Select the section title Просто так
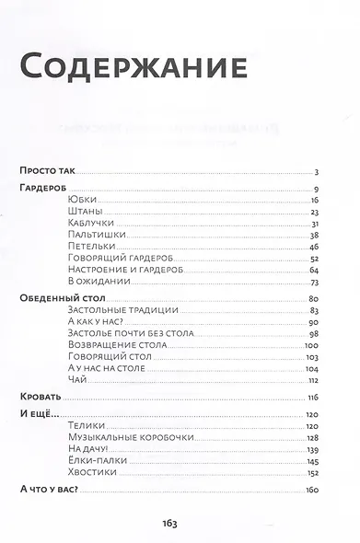(x=48, y=170)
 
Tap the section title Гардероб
(x=44, y=188)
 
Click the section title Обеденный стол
(x=63, y=299)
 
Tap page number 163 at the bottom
(x=179, y=523)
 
